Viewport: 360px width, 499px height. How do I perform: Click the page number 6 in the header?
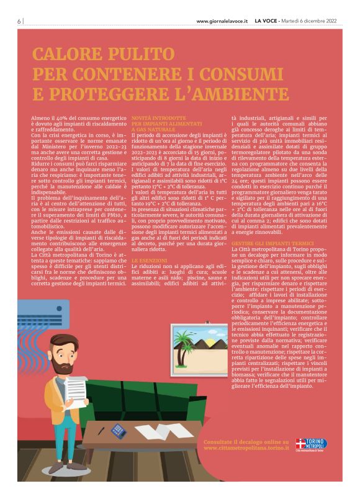tap(19, 20)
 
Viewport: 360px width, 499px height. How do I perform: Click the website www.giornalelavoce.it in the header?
tap(222, 21)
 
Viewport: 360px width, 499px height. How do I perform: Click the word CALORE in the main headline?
tap(68, 54)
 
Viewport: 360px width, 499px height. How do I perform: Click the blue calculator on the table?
tap(117, 429)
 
